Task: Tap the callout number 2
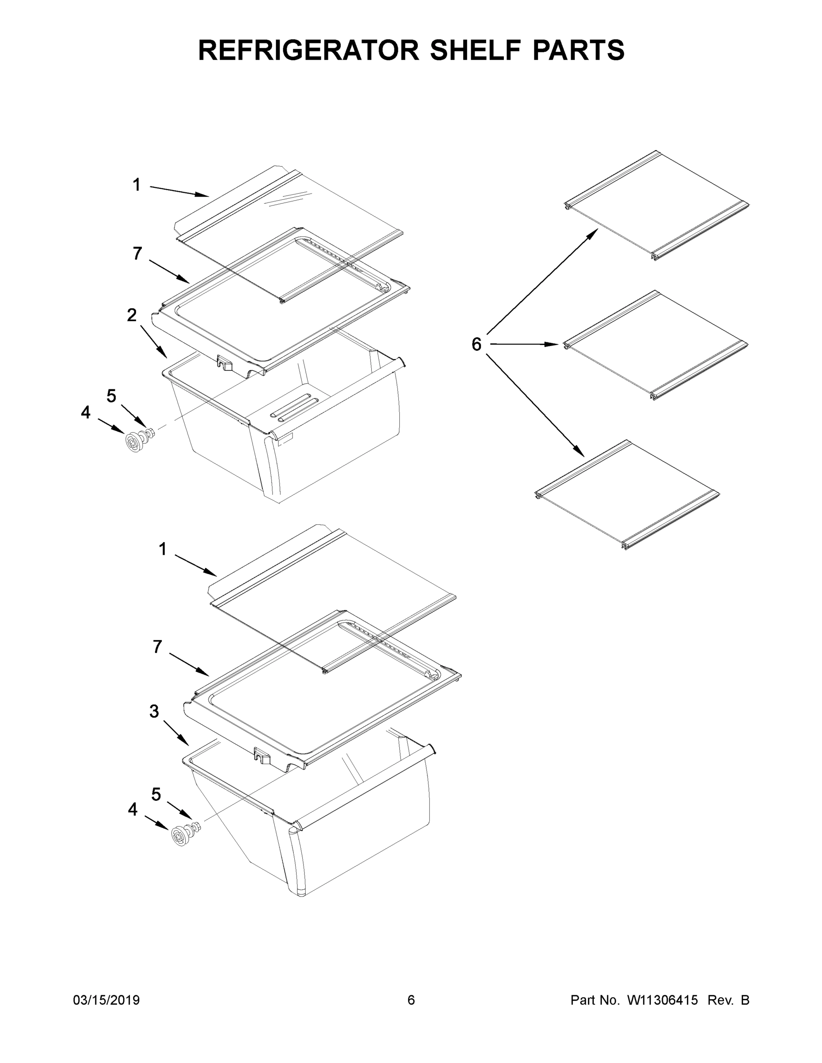click(x=132, y=315)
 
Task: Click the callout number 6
click(x=476, y=345)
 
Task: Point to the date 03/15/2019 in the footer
click(x=106, y=1000)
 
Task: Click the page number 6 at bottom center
click(x=411, y=1000)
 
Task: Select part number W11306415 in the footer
click(x=662, y=1000)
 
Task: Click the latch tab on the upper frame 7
click(x=225, y=363)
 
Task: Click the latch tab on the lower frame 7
click(x=261, y=755)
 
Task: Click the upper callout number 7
click(x=137, y=254)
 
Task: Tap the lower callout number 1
click(x=163, y=550)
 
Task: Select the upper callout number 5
click(x=112, y=397)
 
